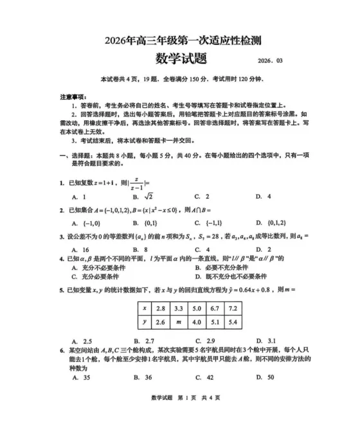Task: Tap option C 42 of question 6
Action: pos(204,378)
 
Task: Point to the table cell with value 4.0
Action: pos(196,322)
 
